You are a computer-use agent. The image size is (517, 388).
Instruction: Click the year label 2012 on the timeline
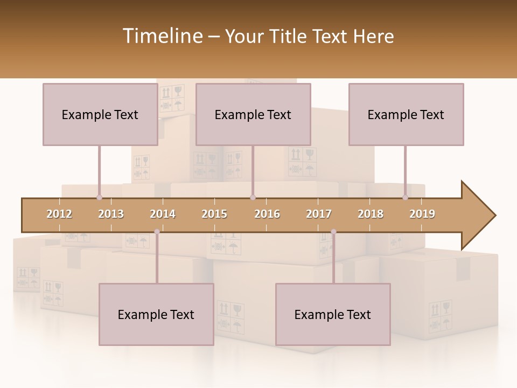tap(59, 214)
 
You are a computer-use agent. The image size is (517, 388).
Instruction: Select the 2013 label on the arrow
tap(111, 214)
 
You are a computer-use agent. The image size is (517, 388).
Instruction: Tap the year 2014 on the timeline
tap(163, 214)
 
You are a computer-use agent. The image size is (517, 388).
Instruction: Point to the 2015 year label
tap(214, 214)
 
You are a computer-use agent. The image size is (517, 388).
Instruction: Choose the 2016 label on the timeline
tap(267, 214)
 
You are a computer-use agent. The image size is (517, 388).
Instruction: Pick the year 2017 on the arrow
tap(319, 214)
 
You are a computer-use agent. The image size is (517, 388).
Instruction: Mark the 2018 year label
tap(371, 214)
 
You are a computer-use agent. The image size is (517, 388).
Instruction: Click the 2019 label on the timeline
tap(422, 214)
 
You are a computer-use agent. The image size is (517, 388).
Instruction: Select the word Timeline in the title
tap(162, 36)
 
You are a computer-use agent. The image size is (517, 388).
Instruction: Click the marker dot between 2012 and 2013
tap(99, 197)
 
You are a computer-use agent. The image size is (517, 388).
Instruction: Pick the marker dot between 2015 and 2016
tap(253, 197)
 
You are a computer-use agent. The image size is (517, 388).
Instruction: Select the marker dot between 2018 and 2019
tap(406, 197)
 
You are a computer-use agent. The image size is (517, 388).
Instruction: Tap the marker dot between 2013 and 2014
tap(157, 232)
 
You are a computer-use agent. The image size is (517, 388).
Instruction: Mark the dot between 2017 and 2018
tap(333, 232)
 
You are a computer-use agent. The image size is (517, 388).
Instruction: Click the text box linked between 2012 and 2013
tap(100, 114)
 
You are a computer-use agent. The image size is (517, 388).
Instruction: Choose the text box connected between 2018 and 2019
tap(406, 114)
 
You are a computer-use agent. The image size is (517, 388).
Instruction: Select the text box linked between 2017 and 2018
tap(333, 314)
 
